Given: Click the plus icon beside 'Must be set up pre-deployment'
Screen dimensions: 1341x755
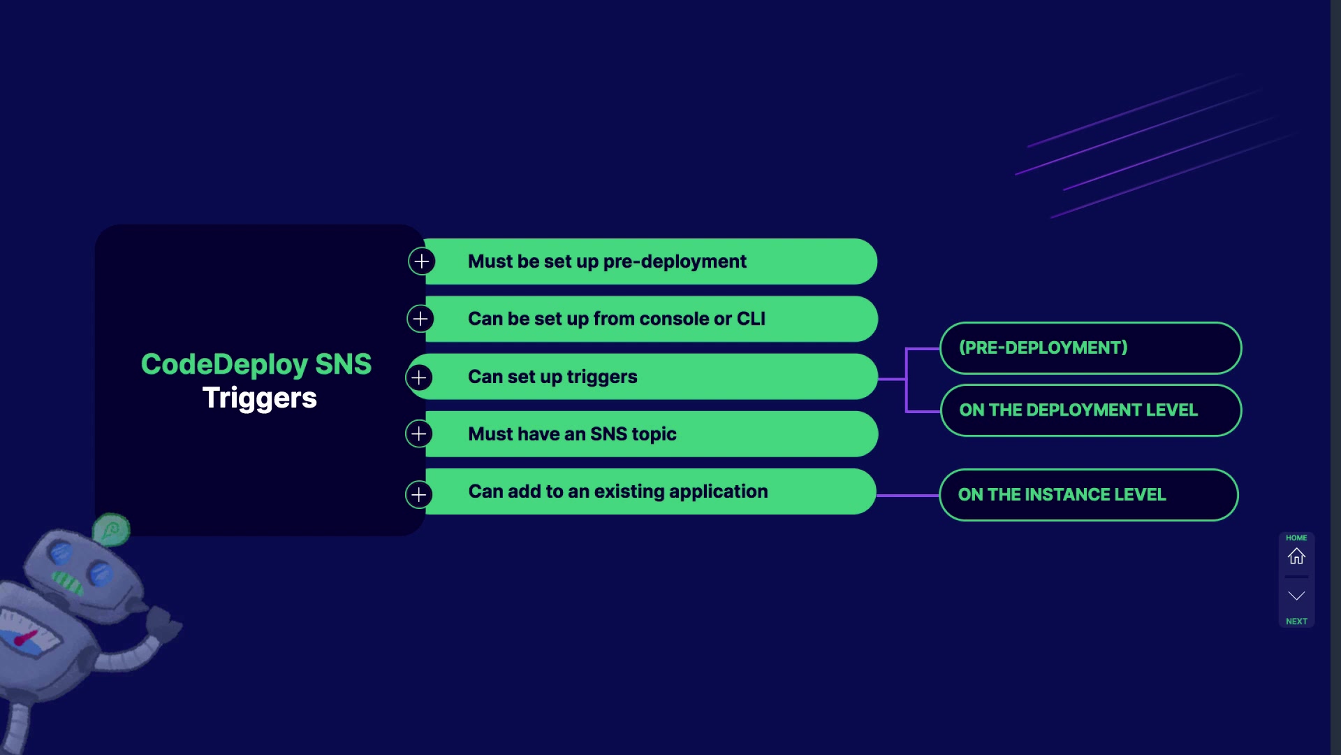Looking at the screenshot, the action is point(421,261).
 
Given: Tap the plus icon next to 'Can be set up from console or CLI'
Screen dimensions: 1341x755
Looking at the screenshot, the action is point(420,319).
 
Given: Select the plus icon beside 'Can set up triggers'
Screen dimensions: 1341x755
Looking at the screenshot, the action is point(419,377).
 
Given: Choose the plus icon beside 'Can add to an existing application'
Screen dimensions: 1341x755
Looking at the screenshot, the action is point(419,495).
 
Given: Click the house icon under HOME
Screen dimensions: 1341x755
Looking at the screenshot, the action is point(1296,556).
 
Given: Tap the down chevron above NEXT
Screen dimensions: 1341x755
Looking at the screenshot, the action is point(1296,596).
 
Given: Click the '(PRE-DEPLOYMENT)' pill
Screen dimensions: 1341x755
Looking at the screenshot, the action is point(1090,348).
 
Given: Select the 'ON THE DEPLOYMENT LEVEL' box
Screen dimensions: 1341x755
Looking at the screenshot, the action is point(1090,410).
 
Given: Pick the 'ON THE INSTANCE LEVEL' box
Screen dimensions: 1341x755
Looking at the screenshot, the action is point(1088,495).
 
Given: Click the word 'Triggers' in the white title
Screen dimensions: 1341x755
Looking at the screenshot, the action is point(259,398).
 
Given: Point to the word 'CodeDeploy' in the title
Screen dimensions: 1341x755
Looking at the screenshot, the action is point(224,364).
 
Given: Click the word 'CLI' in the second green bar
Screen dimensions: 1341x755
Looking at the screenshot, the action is point(751,319).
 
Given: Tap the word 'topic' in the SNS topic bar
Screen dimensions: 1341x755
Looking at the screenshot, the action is point(654,434).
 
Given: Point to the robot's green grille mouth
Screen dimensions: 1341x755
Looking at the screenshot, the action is point(68,582).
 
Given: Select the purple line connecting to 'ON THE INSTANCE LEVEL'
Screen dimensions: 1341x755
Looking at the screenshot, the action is point(907,495).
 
